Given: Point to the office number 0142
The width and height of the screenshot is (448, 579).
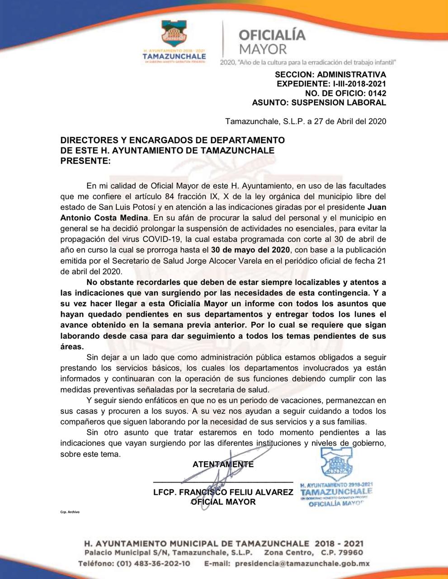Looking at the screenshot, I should tap(377, 93).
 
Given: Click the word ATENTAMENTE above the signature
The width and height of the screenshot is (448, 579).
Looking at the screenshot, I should tap(223, 464).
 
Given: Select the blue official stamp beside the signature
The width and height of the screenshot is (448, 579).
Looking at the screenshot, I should tap(336, 477).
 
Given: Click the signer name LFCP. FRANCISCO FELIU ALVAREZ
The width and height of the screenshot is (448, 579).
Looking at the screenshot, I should tap(223, 492).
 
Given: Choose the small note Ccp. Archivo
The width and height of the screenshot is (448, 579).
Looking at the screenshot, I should tap(70, 513).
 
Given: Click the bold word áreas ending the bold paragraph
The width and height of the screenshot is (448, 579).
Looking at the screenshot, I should tap(72, 346).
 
